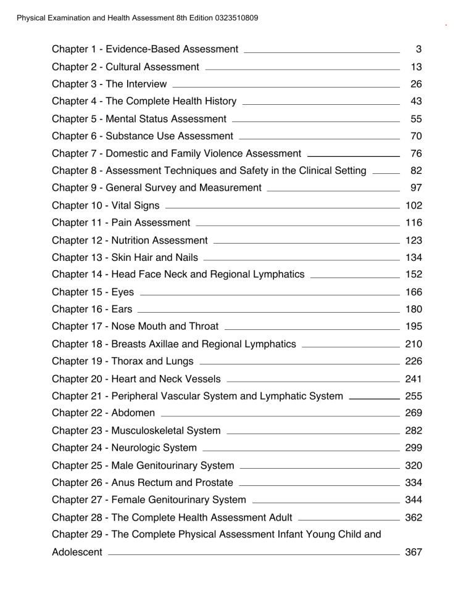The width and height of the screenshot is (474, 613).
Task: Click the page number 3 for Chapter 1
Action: coord(417,49)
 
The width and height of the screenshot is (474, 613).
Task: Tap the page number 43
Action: coord(415,101)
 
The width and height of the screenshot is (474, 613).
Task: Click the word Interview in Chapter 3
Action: coord(146,84)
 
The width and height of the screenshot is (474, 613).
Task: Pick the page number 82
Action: coord(415,170)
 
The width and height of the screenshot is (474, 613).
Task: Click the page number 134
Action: coord(412,257)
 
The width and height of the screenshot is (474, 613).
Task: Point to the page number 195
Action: coord(412,326)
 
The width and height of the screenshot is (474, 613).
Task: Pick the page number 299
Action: coord(412,448)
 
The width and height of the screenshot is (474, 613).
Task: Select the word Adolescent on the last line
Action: coord(77,552)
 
